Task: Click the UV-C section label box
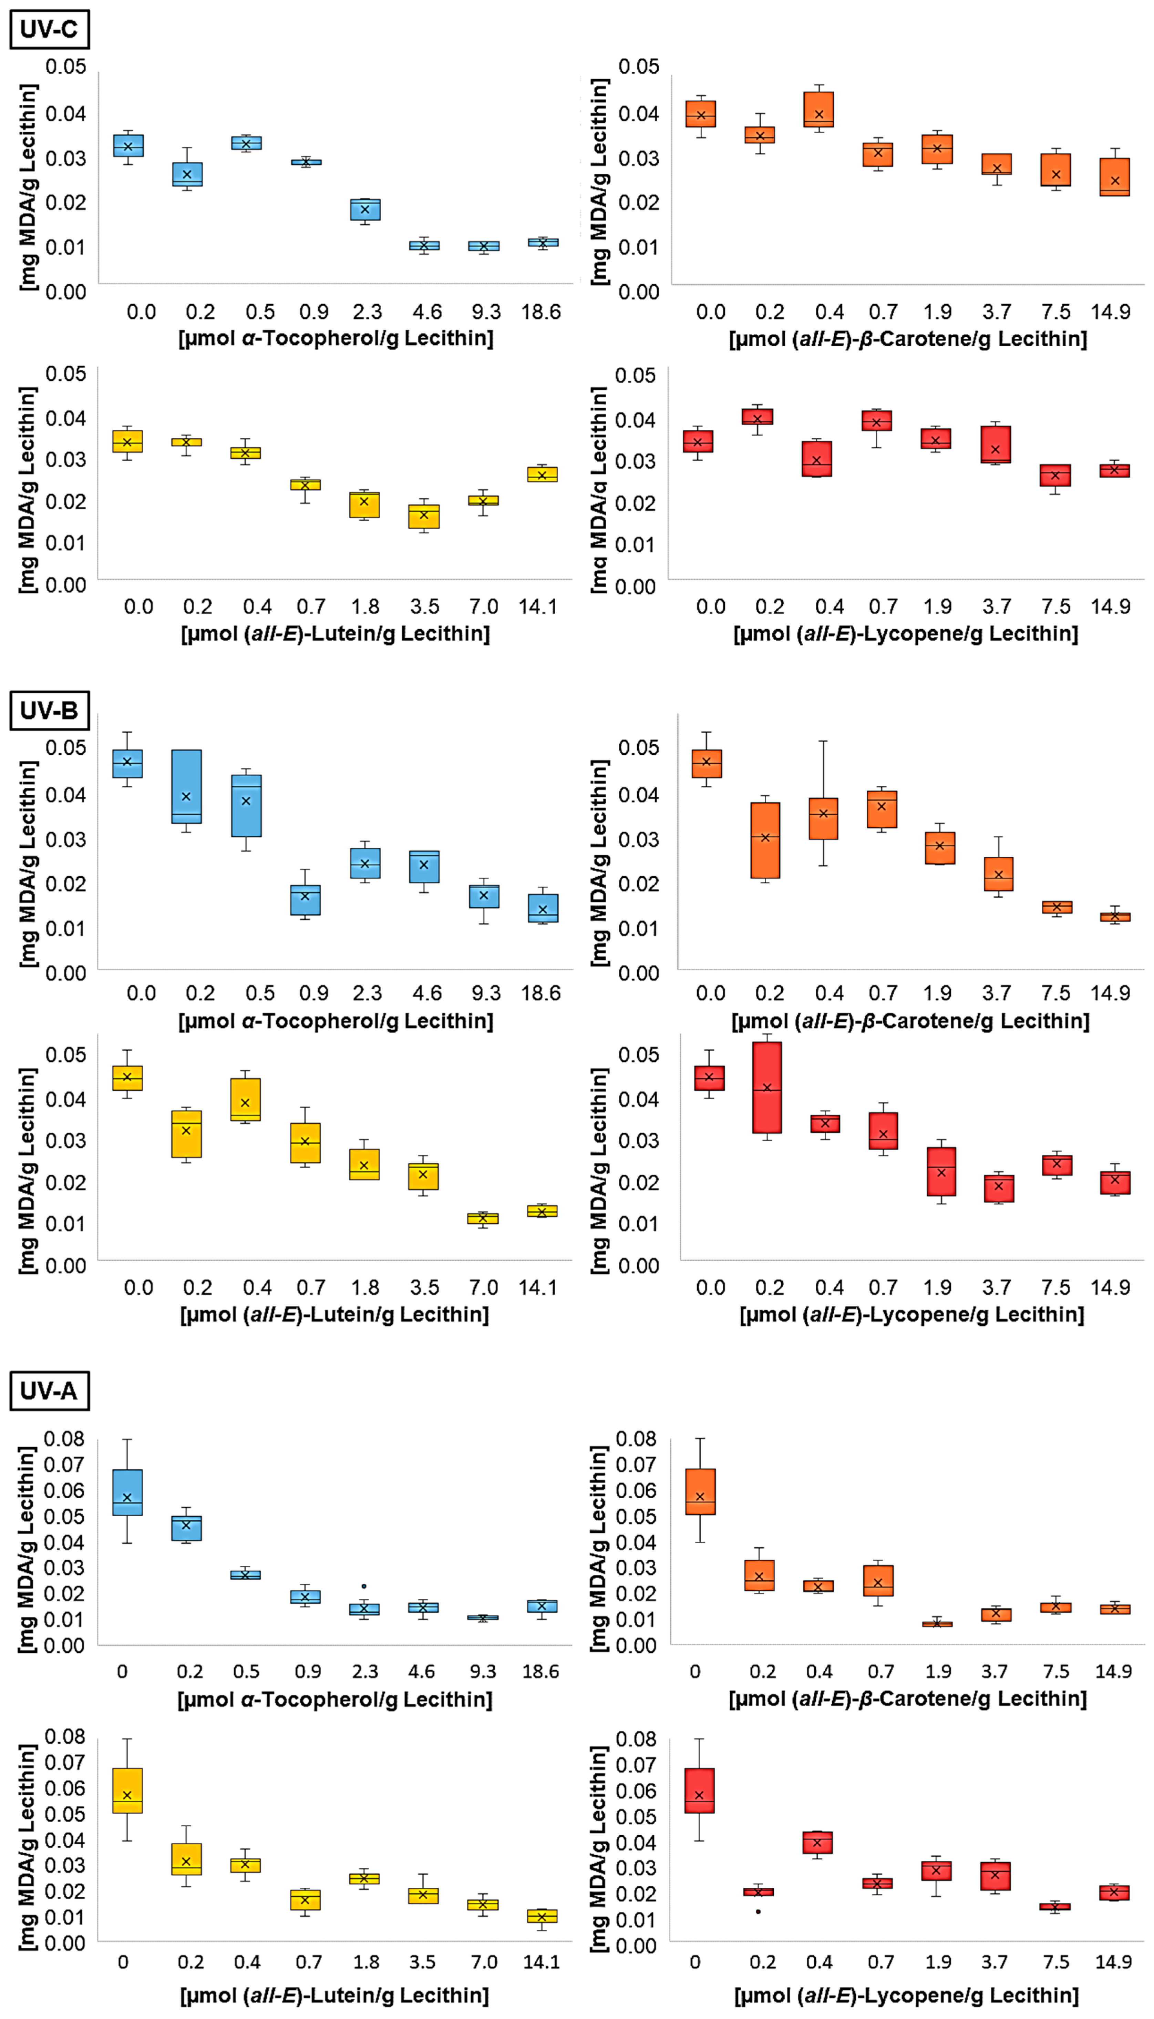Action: click(x=49, y=29)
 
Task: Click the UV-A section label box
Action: click(x=49, y=1390)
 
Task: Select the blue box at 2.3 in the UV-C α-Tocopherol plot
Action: click(x=365, y=209)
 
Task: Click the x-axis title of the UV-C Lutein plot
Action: click(x=335, y=633)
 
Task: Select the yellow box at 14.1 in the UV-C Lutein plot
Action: click(x=542, y=474)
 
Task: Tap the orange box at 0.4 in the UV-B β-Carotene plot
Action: click(x=824, y=818)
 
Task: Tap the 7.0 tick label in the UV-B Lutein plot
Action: click(x=484, y=1287)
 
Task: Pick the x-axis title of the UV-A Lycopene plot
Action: click(x=906, y=1995)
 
